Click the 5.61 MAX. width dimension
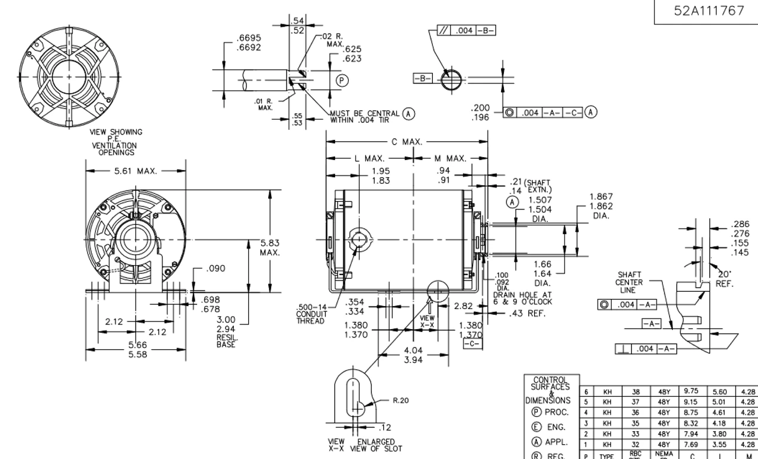tap(135, 172)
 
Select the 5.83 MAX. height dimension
tap(269, 247)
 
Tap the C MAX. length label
tap(407, 142)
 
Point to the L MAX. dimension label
tap(371, 159)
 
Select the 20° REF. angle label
tap(724, 279)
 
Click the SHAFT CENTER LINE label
tap(628, 283)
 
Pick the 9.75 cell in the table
tap(690, 391)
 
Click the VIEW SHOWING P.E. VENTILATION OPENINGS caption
tap(116, 142)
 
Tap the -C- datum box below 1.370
tap(471, 343)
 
